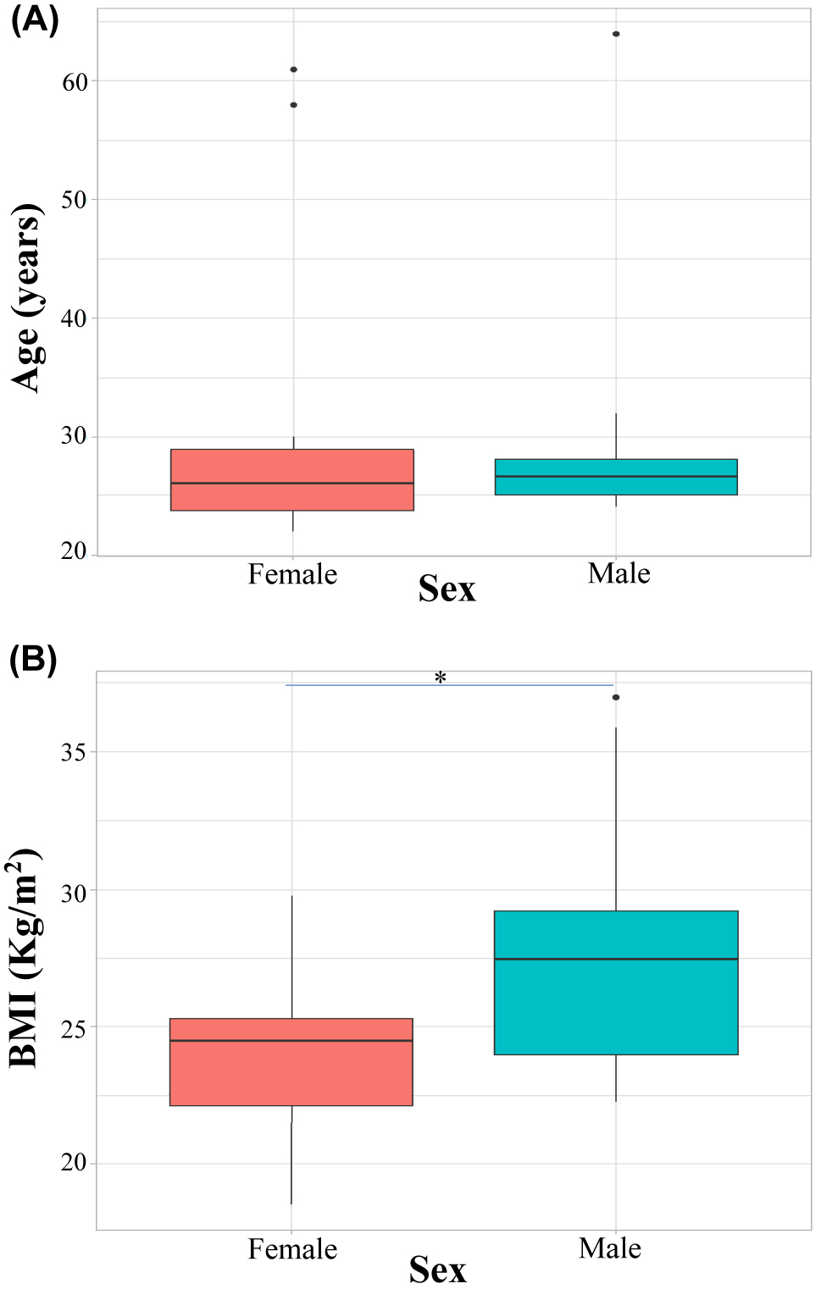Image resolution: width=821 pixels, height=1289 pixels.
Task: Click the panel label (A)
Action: [34, 19]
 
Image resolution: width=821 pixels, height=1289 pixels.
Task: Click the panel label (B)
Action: [33, 659]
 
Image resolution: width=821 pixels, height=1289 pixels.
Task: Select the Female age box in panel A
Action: [292, 479]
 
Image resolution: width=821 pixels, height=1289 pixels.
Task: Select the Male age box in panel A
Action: [616, 477]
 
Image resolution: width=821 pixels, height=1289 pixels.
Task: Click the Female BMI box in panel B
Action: [291, 1062]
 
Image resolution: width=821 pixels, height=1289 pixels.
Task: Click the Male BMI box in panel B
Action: [616, 982]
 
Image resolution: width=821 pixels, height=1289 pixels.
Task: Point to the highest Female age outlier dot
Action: [293, 69]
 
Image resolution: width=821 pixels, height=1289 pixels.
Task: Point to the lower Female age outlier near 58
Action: [293, 105]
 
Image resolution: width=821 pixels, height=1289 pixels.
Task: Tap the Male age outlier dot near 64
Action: [616, 34]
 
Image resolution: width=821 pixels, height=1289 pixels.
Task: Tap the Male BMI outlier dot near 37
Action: [616, 697]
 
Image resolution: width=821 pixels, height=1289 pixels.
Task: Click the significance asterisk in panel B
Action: [440, 678]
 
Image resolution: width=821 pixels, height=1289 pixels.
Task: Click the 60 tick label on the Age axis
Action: [75, 82]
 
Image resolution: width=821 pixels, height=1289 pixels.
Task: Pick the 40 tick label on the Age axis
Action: [75, 319]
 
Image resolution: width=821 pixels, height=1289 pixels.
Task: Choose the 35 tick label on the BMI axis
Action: [75, 752]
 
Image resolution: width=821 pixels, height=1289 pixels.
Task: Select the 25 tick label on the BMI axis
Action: [75, 1027]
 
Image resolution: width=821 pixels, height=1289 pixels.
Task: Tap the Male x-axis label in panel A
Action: [619, 573]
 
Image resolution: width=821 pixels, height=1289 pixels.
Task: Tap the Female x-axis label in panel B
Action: [292, 1249]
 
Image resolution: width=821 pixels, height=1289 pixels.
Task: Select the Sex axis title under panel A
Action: [447, 589]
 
